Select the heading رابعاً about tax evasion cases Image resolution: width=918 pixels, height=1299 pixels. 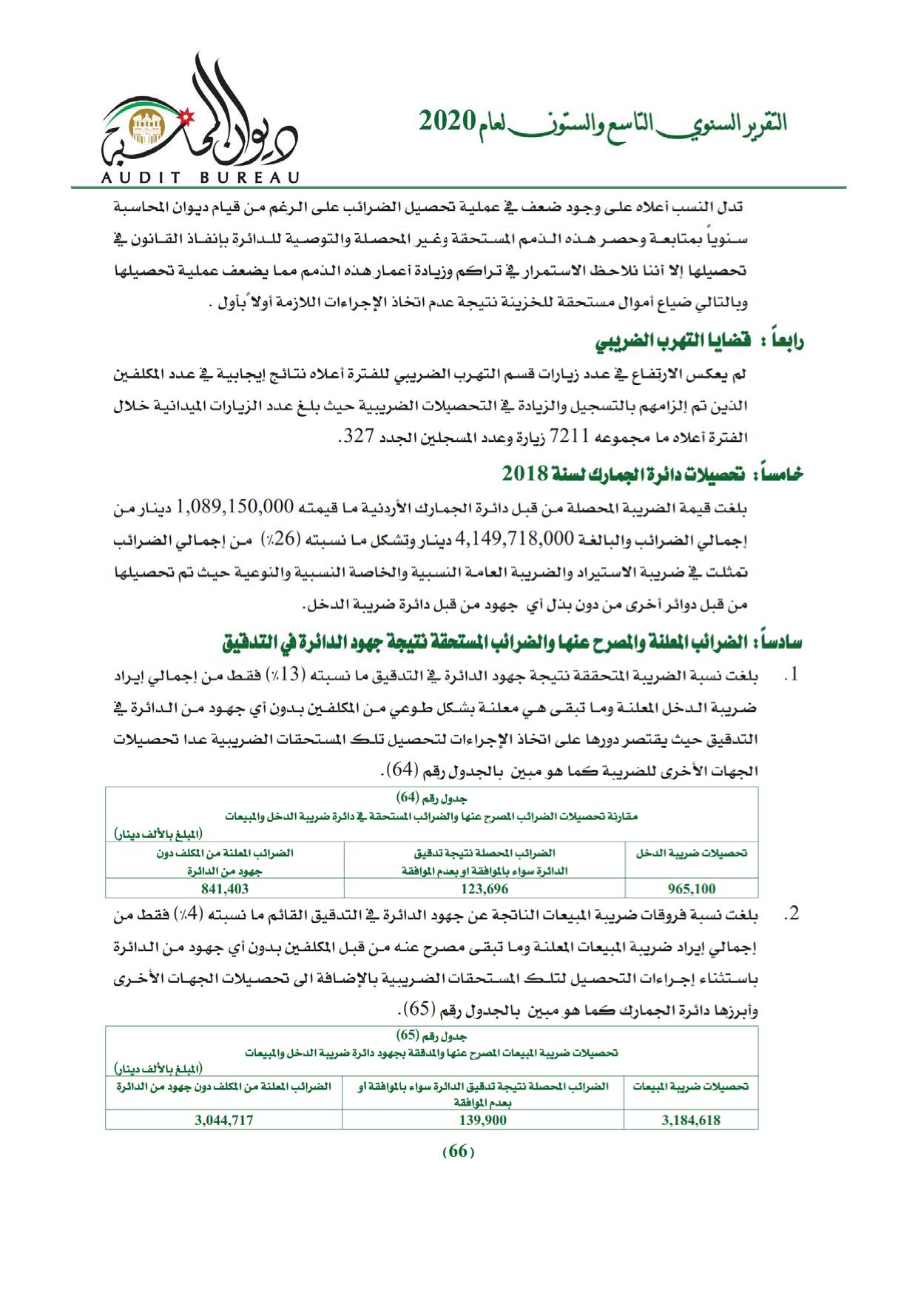(x=700, y=341)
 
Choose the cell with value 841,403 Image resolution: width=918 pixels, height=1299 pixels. (x=225, y=889)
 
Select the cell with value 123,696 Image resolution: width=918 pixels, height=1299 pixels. (x=484, y=889)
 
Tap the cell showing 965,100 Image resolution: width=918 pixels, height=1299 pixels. (x=691, y=889)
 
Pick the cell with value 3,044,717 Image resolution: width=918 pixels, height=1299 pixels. (x=224, y=1120)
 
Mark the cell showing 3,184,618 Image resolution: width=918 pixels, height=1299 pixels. (x=691, y=1120)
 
